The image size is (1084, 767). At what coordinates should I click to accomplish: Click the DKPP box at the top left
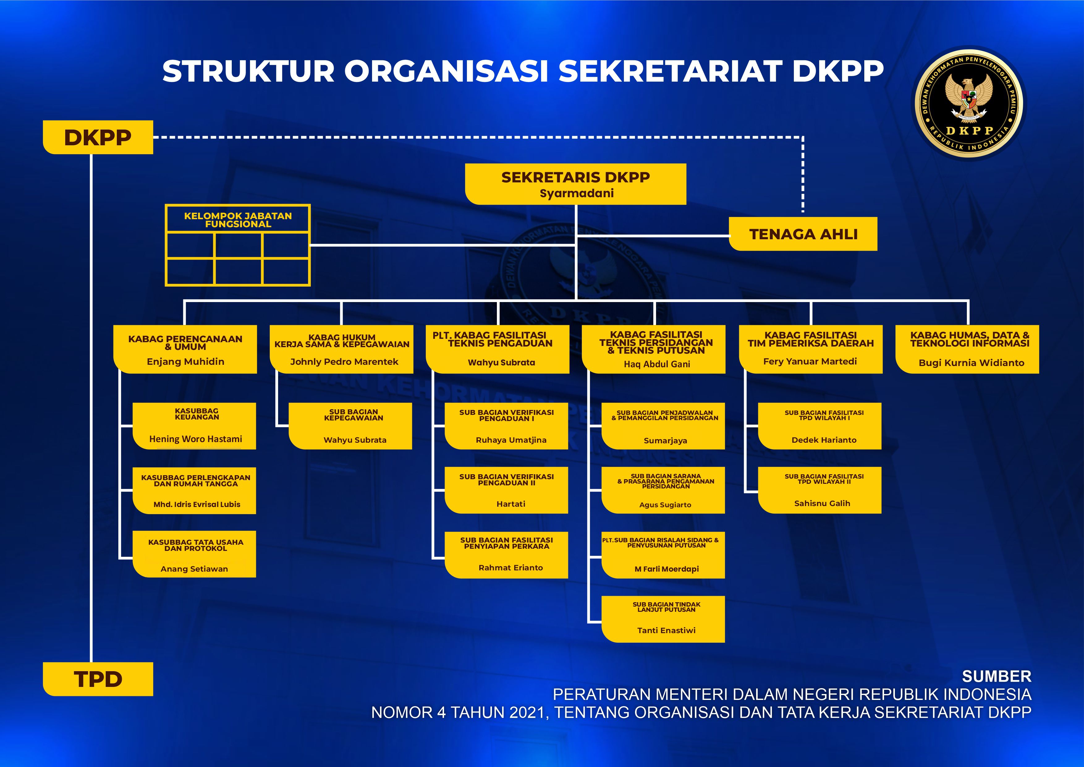pos(98,138)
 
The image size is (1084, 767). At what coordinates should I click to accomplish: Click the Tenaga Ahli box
pos(803,234)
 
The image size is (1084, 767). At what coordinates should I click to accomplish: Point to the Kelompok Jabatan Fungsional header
pos(238,219)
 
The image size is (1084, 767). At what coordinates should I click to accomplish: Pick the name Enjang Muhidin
pos(185,362)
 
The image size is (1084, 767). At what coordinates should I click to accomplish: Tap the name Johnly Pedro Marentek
pos(344,362)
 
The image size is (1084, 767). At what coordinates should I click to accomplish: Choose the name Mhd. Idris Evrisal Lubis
pos(197,505)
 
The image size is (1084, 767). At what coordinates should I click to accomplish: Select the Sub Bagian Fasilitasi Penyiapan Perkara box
pos(506,555)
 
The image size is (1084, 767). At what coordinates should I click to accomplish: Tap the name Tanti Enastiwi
pos(666,630)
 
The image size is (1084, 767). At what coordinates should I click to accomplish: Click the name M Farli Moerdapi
pos(666,569)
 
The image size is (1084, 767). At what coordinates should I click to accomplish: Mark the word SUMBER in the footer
pos(996,676)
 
